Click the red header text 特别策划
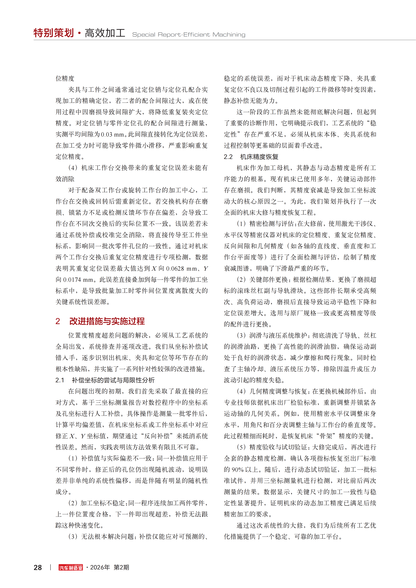(x=54, y=33)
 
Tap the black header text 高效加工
(x=105, y=33)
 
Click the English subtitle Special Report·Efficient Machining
(x=189, y=35)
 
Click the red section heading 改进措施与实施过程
(x=107, y=321)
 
